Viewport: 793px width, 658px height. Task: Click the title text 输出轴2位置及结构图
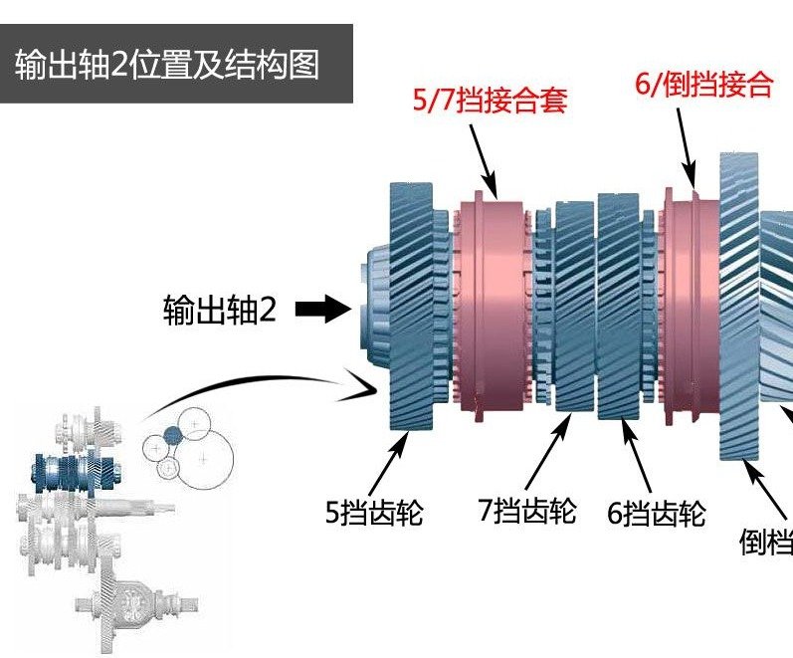click(167, 65)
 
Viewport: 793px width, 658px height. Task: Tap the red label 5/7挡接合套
click(490, 101)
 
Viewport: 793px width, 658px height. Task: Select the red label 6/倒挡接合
click(703, 84)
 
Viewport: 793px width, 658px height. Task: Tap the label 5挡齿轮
click(374, 514)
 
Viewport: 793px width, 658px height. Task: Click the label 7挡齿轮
click(527, 512)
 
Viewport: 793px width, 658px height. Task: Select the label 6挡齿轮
click(657, 514)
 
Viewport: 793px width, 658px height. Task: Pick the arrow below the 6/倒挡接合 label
click(687, 145)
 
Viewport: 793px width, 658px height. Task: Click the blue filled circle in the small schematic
click(172, 435)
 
